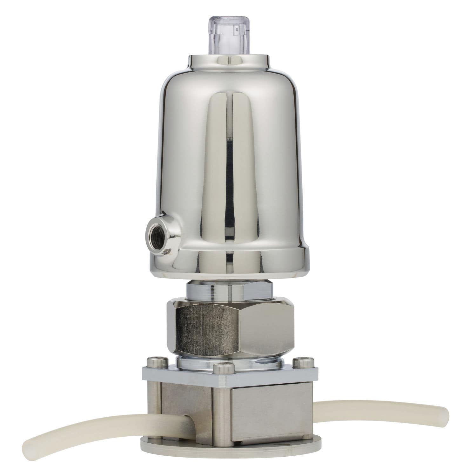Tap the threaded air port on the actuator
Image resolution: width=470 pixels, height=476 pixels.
point(156,234)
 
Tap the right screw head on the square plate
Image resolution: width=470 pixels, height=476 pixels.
point(300,362)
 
